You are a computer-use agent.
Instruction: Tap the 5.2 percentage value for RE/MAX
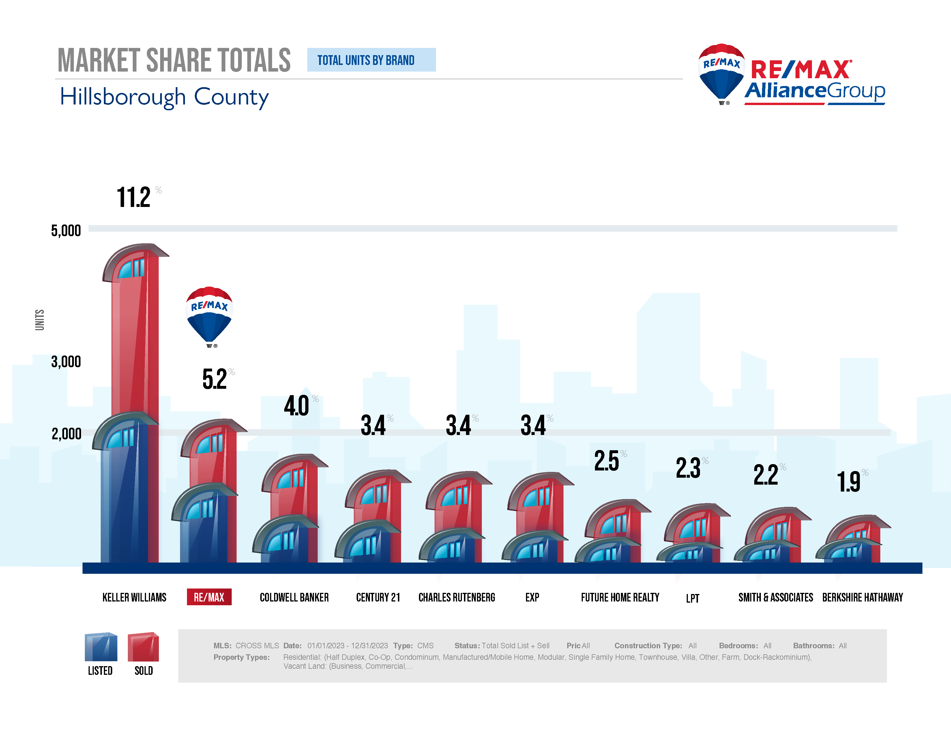coord(215,379)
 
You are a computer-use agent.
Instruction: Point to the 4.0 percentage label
coord(297,406)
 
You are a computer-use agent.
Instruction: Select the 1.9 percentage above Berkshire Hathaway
coord(849,482)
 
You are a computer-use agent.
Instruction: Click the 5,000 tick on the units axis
coord(66,230)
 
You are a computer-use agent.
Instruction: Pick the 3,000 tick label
coord(66,361)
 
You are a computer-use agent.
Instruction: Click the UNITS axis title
coord(40,320)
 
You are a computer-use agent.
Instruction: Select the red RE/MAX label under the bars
coord(209,597)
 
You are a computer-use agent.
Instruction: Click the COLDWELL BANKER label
coord(294,597)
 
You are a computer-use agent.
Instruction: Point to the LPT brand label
coord(692,598)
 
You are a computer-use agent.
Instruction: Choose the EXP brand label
coord(532,597)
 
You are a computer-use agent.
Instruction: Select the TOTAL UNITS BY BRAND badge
coord(371,60)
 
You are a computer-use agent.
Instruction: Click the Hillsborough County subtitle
coord(164,97)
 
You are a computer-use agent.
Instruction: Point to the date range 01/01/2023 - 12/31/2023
coord(347,645)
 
